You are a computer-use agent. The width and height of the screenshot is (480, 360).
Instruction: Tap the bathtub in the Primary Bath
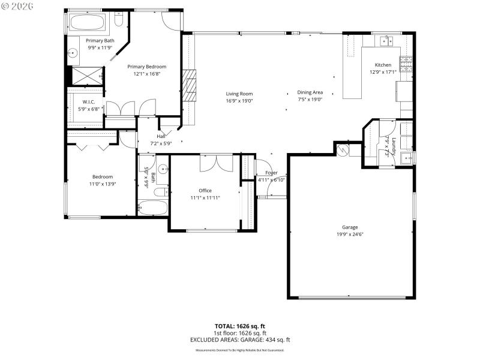click(88, 23)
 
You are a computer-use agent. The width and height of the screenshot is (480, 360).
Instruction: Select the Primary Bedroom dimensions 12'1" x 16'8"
click(146, 74)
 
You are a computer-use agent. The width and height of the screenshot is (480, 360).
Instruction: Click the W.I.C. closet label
click(89, 103)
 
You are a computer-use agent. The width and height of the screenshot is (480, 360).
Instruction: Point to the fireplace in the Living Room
click(190, 87)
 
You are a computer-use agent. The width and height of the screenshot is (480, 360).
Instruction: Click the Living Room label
click(239, 94)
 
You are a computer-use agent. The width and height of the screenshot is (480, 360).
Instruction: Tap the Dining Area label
click(310, 92)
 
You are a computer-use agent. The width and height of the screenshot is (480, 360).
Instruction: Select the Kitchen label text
click(383, 65)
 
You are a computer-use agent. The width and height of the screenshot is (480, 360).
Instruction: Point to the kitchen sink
click(384, 41)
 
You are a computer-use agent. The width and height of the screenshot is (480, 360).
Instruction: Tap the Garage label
click(350, 227)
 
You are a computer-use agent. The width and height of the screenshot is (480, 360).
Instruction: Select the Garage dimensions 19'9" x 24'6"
click(350, 235)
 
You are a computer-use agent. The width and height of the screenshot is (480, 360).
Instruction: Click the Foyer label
click(271, 173)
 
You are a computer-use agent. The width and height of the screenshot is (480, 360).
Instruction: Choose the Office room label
click(205, 191)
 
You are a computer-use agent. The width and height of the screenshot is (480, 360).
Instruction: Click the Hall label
click(161, 136)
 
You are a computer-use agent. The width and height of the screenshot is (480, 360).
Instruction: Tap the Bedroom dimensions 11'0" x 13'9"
click(103, 184)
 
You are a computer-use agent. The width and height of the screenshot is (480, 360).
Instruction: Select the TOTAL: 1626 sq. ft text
click(240, 326)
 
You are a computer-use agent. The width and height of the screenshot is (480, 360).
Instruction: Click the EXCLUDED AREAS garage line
click(240, 339)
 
